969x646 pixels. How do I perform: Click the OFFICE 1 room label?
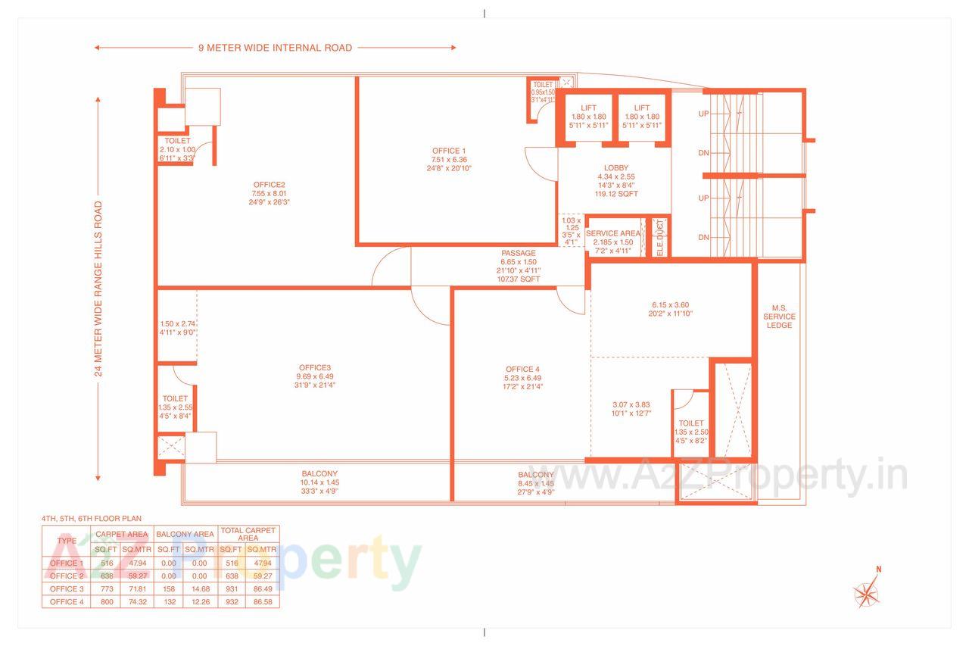point(449,151)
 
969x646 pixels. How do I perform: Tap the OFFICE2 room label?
point(269,184)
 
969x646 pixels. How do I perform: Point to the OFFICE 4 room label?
point(523,369)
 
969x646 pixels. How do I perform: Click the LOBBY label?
point(615,168)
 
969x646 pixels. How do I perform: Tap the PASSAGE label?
point(518,253)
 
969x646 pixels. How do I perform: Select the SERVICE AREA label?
point(612,233)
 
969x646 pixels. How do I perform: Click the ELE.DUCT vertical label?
point(659,237)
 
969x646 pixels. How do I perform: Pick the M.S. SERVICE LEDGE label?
point(779,317)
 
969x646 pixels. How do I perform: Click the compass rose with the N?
point(866,591)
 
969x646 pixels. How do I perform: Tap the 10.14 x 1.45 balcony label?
point(320,482)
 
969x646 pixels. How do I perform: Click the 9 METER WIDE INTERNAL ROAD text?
point(275,48)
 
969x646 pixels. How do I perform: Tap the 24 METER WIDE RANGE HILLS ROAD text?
point(98,289)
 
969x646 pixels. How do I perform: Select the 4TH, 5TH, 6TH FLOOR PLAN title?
point(91,519)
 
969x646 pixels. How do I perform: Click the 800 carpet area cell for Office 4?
point(103,601)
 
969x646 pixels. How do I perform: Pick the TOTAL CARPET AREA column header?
point(248,534)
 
